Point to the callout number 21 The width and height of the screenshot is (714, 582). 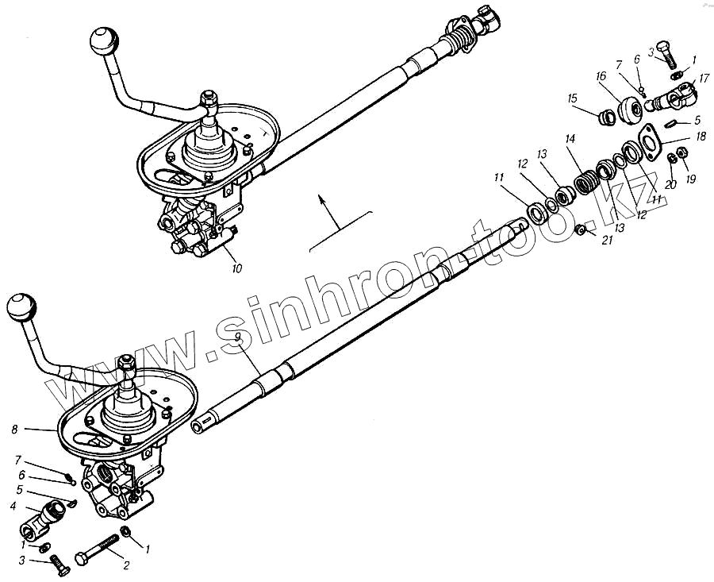[x=608, y=240]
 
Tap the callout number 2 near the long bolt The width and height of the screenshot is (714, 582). [x=125, y=565]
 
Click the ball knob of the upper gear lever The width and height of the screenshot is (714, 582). [x=103, y=40]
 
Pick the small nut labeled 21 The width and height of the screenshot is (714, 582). [x=581, y=229]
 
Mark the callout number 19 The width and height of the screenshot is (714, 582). [x=690, y=179]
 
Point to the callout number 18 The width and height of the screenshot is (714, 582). [x=701, y=137]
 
